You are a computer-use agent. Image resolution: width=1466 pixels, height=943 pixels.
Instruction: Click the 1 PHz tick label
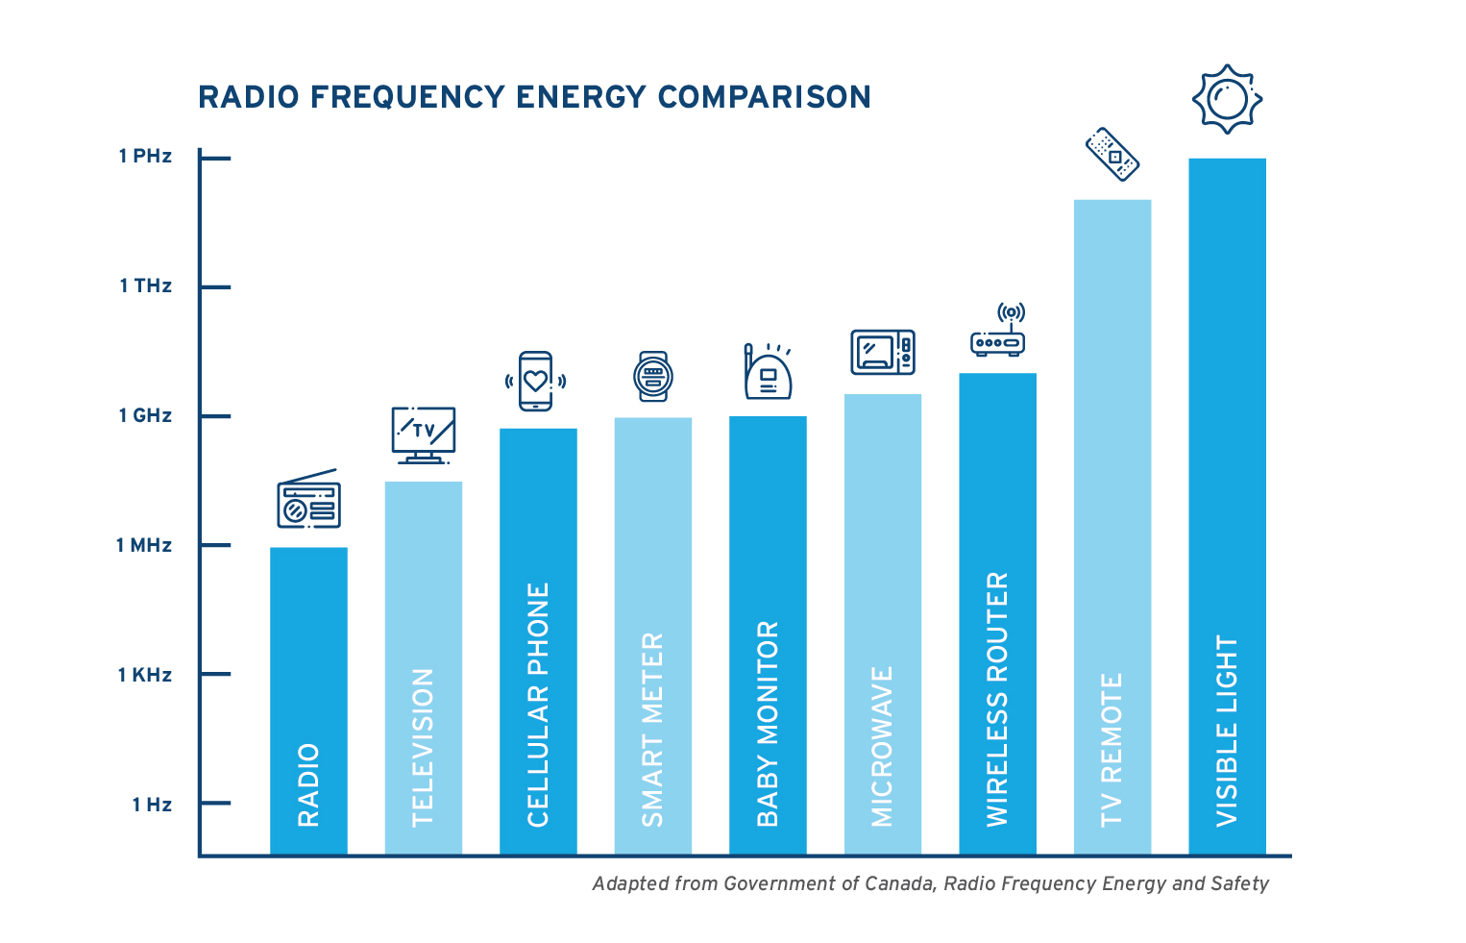click(145, 156)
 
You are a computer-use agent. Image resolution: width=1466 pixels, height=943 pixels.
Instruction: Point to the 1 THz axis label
click(145, 285)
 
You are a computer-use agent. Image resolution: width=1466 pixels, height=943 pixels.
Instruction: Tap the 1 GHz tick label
click(145, 415)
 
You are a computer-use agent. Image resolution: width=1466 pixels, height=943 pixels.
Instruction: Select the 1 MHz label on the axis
click(143, 545)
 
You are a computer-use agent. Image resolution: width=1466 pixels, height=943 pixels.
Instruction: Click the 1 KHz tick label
click(145, 675)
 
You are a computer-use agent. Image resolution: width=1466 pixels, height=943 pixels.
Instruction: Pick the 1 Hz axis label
click(152, 805)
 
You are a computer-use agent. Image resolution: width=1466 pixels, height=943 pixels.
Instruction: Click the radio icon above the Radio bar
click(309, 499)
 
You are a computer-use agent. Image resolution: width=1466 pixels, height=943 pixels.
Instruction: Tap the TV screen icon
click(424, 435)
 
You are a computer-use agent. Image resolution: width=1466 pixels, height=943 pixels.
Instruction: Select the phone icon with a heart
click(535, 381)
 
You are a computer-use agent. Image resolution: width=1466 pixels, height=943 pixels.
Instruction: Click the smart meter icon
click(652, 376)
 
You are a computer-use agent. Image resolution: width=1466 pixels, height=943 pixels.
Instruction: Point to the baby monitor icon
click(768, 371)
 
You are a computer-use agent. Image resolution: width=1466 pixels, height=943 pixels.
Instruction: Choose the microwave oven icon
click(883, 353)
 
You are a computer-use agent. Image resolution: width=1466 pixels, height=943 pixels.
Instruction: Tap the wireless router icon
click(998, 330)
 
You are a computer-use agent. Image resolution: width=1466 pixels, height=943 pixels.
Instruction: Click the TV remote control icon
click(1112, 155)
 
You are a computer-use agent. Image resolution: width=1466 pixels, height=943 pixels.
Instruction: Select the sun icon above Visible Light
click(1227, 100)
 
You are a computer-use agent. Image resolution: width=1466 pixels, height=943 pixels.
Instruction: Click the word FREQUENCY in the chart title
click(407, 97)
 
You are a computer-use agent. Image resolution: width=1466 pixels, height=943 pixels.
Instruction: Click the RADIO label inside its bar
click(308, 785)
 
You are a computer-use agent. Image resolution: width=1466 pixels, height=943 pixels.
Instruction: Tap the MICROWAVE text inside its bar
click(882, 747)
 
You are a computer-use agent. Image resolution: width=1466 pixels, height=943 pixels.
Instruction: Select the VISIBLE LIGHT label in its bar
click(1227, 731)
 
